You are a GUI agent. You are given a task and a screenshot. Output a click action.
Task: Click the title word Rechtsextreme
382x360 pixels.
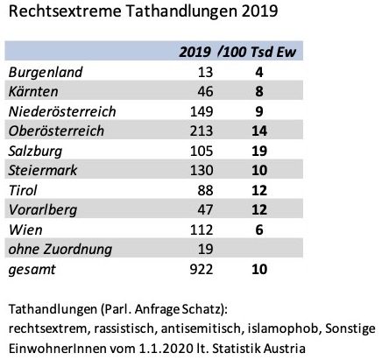click(65, 11)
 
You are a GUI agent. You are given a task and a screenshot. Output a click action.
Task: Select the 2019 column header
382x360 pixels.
click(195, 52)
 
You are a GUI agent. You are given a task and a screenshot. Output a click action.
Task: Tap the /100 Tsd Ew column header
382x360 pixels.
click(257, 52)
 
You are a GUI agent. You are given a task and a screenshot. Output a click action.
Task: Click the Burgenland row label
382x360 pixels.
click(46, 73)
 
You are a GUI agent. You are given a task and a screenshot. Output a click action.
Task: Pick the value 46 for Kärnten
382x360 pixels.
click(205, 91)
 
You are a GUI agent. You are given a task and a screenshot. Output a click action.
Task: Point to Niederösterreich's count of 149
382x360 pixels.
click(202, 111)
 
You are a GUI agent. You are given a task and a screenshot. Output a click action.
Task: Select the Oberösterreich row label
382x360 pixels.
click(56, 131)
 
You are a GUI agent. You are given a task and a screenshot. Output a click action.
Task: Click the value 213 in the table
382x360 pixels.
click(202, 131)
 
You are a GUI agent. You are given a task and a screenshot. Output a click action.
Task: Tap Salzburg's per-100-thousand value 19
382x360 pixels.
click(259, 151)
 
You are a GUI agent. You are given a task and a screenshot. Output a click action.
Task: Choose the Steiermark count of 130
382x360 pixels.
click(202, 170)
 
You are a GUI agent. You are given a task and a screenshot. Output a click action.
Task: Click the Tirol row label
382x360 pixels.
click(23, 190)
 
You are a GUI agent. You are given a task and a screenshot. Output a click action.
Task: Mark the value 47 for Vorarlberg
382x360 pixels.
click(205, 209)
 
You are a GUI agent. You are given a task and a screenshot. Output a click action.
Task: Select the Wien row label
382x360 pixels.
click(25, 229)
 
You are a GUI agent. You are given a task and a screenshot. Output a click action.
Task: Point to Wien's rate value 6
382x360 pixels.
click(259, 229)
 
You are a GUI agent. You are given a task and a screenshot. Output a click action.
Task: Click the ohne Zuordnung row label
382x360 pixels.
click(60, 250)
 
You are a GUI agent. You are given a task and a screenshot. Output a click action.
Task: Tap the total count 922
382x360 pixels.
click(202, 269)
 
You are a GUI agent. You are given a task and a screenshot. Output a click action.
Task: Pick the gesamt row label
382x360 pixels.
click(32, 270)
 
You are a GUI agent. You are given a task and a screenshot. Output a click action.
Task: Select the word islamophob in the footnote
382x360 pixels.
click(283, 328)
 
